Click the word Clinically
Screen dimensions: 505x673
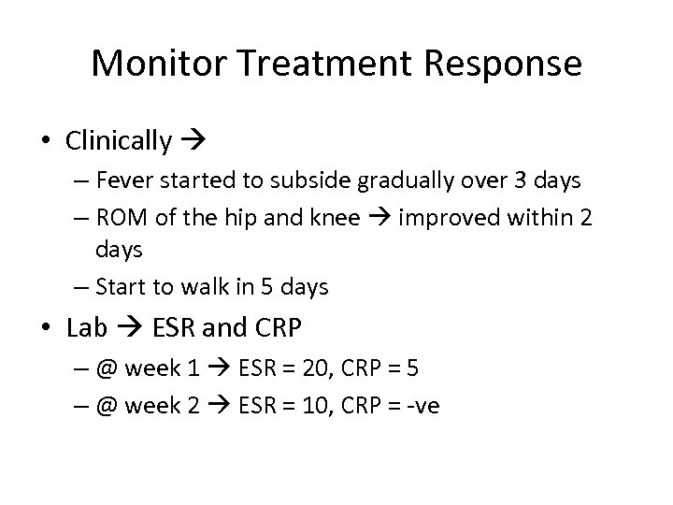[x=119, y=141]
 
